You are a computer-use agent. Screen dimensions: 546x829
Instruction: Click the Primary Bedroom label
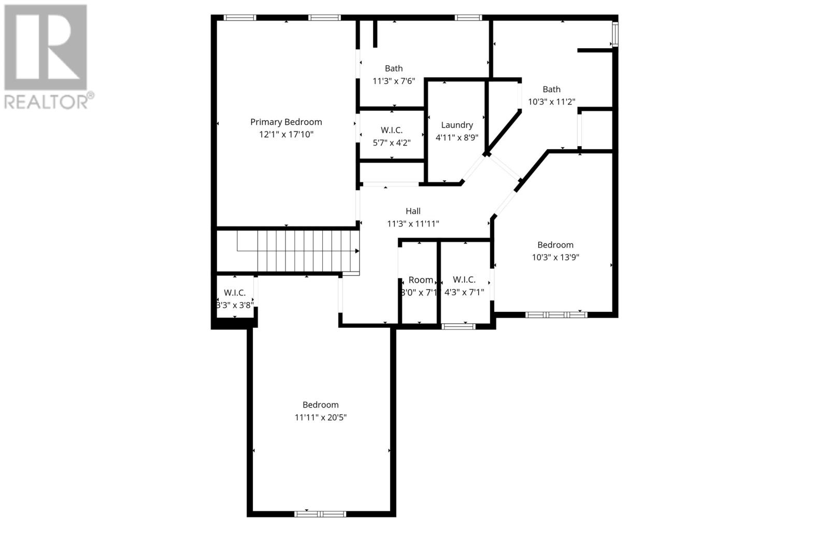coord(286,122)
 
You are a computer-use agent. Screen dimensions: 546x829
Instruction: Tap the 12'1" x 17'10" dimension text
coord(286,135)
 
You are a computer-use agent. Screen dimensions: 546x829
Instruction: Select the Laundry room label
coord(457,125)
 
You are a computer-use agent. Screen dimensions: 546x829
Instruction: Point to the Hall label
coord(413,211)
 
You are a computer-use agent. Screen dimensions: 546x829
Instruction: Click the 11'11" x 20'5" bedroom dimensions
coord(320,418)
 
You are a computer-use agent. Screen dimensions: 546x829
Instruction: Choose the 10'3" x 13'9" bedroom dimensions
coord(555,257)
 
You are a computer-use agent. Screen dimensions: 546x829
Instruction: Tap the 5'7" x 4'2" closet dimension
coord(392,142)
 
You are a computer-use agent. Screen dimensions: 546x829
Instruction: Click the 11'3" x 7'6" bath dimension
coord(394,81)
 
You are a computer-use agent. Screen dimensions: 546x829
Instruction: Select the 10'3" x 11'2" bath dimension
coord(551,102)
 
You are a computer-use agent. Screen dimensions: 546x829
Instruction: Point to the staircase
coord(298,251)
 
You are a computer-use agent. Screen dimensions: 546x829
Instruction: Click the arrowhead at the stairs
coord(357,251)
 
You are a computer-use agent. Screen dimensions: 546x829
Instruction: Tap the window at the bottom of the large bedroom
coord(320,514)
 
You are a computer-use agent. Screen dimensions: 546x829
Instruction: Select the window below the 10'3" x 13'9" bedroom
coord(556,314)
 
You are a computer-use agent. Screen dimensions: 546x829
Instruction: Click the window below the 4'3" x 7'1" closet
coord(459,326)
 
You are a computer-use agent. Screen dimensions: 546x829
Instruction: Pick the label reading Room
coord(421,280)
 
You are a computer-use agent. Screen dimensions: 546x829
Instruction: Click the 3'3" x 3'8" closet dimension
coord(235,305)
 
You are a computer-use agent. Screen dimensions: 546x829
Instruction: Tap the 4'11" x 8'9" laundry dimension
coord(457,138)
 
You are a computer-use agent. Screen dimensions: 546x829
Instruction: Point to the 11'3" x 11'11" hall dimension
coord(413,224)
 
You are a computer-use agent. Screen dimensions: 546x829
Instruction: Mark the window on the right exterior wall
coord(615,34)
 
